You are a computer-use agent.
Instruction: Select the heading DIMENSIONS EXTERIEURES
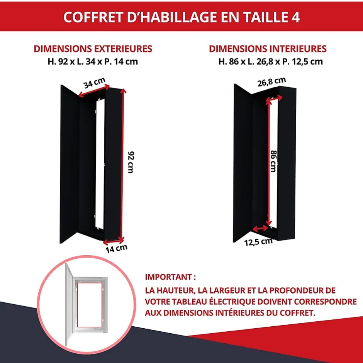[x=93, y=49]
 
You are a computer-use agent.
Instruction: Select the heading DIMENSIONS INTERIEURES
[x=268, y=49]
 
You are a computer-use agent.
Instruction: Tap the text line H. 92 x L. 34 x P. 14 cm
[x=93, y=61]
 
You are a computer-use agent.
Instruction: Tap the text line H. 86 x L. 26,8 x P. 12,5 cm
[x=270, y=61]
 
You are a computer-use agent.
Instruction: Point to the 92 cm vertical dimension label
[x=131, y=162]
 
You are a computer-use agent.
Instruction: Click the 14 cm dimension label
[x=116, y=248]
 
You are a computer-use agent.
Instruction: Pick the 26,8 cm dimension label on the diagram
[x=272, y=81]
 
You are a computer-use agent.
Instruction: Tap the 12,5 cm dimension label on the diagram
[x=258, y=242]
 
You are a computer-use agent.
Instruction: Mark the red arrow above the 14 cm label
[x=114, y=241]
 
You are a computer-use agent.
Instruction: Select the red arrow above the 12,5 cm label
[x=260, y=229]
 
